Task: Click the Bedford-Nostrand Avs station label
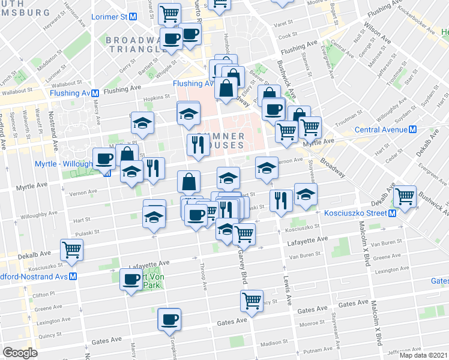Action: point(33,277)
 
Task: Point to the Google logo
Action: point(20,353)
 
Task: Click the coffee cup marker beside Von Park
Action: point(131,279)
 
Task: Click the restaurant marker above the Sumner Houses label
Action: point(197,144)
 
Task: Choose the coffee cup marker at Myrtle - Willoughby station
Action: point(104,159)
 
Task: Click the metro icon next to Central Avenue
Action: point(412,130)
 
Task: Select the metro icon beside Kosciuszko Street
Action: point(392,214)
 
